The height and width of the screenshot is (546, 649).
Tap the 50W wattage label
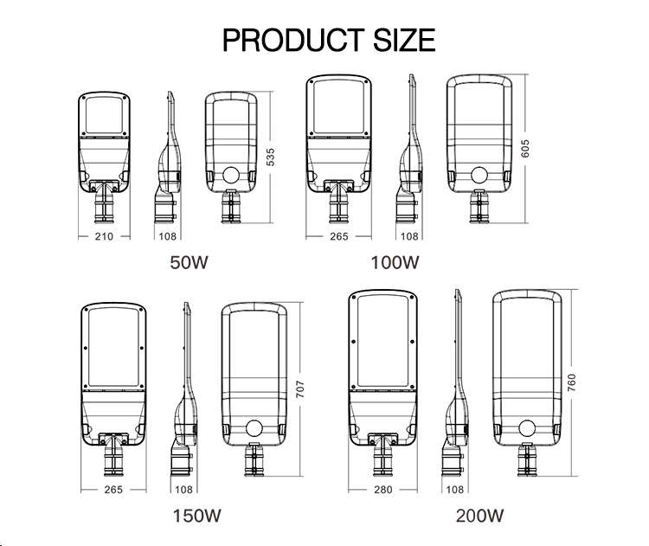[x=189, y=261]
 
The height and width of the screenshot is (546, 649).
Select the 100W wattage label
[x=395, y=261]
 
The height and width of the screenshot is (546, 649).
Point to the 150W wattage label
[x=196, y=517]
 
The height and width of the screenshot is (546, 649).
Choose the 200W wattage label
[x=479, y=517]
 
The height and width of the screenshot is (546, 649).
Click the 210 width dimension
[x=103, y=235]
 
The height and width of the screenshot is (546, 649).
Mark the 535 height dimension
[x=270, y=157]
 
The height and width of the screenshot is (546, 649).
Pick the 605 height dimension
[x=524, y=148]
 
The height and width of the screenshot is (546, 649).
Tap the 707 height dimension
[x=300, y=389]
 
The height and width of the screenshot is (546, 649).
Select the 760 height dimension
[x=570, y=383]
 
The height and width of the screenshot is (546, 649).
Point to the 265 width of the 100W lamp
[x=338, y=235]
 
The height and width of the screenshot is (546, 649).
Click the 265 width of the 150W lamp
[x=113, y=490]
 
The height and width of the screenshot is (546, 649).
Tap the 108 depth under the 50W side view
[x=167, y=235]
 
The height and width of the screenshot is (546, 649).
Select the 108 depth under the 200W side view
[x=454, y=490]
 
